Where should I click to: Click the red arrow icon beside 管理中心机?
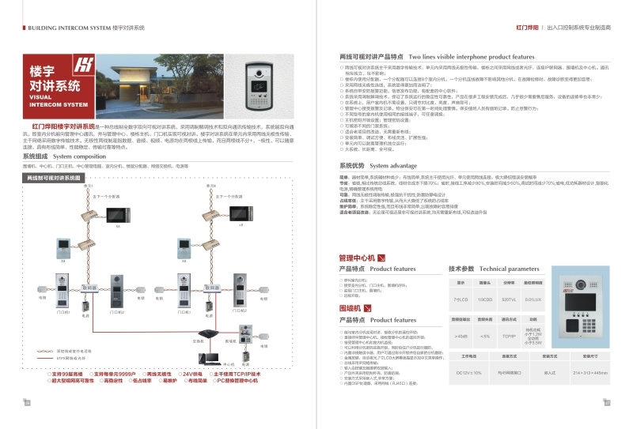381,258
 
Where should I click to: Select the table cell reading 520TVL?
510,300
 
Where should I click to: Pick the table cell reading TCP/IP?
510,336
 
